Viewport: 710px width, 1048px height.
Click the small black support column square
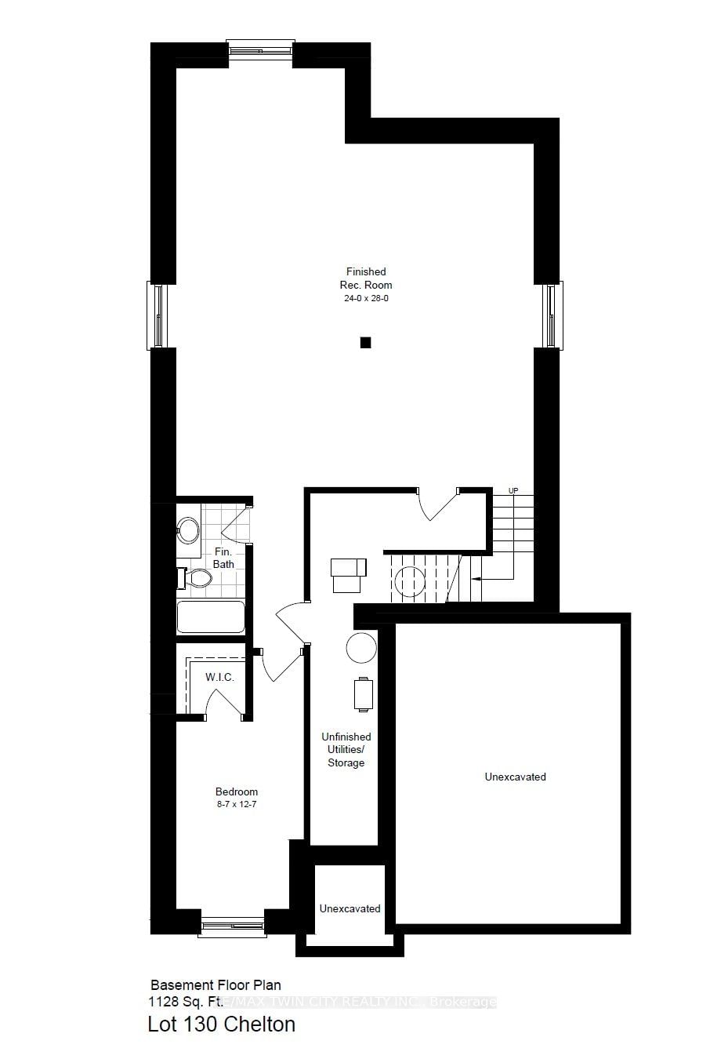364,343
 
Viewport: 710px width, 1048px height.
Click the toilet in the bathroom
197,579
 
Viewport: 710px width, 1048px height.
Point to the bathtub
211,617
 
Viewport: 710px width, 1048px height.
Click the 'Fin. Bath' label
223,558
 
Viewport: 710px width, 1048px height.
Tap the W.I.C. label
219,677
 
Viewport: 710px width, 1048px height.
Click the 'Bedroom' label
237,791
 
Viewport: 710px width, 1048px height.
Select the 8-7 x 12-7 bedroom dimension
237,805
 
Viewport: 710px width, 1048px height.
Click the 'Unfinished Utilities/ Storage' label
346,750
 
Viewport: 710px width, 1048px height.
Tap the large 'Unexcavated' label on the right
515,777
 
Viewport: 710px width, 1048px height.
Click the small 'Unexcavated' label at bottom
350,908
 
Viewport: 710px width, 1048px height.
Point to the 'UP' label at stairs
513,491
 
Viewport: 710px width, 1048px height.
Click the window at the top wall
261,49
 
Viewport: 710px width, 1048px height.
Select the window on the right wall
552,315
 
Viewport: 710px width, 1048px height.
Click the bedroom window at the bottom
232,927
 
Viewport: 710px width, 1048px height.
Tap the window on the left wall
158,315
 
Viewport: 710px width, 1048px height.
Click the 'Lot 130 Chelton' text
222,1024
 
